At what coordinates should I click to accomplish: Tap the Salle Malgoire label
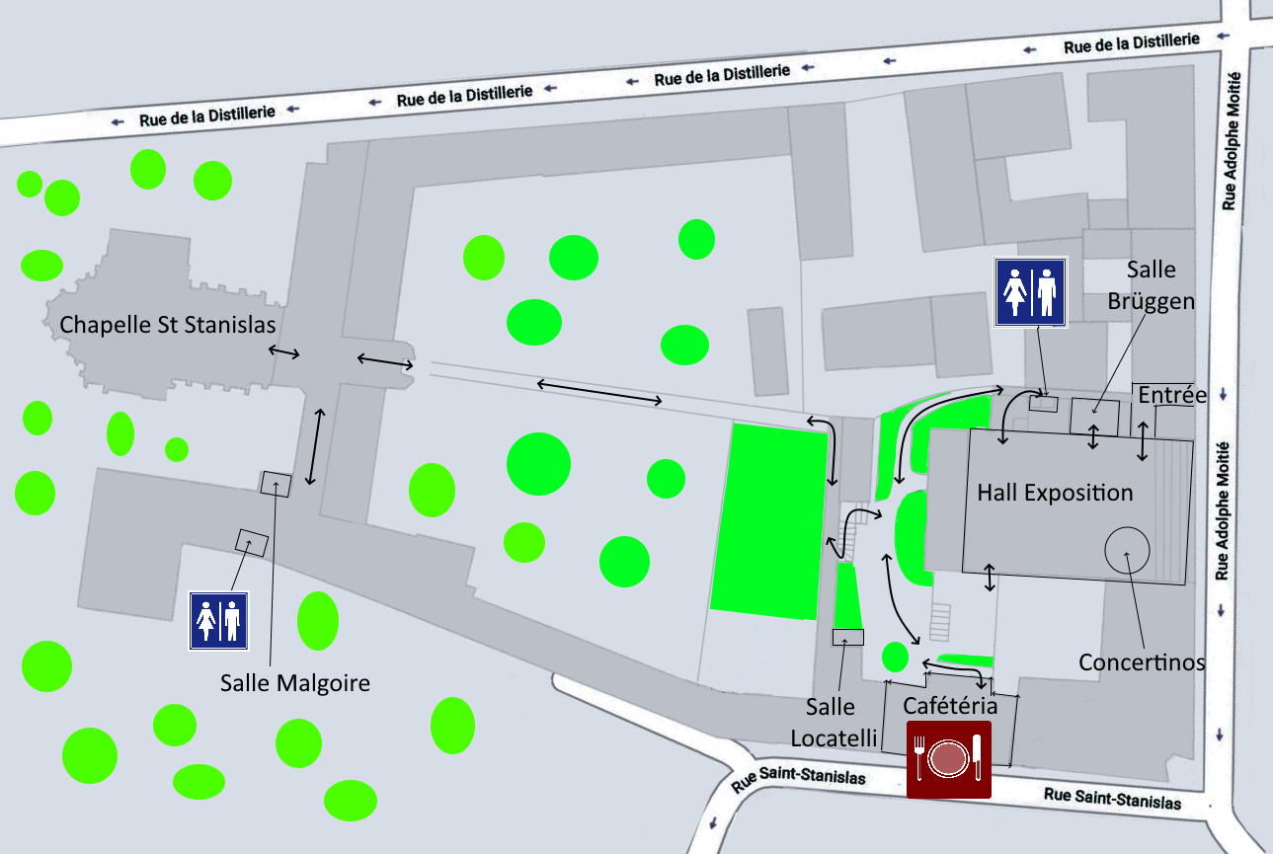(x=295, y=682)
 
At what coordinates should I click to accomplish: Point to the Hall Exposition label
(x=1055, y=492)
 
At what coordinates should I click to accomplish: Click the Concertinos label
(x=1142, y=661)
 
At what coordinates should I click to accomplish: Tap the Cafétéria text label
(x=950, y=706)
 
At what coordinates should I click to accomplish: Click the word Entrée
(x=1172, y=396)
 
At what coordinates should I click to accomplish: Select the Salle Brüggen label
(x=1160, y=285)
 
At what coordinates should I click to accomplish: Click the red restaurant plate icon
(x=948, y=758)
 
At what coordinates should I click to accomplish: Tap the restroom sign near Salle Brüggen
(x=1030, y=291)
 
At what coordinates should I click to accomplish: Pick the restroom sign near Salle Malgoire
(x=218, y=621)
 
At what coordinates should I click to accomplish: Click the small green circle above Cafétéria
(x=894, y=656)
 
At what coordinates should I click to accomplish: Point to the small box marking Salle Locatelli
(x=847, y=638)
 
